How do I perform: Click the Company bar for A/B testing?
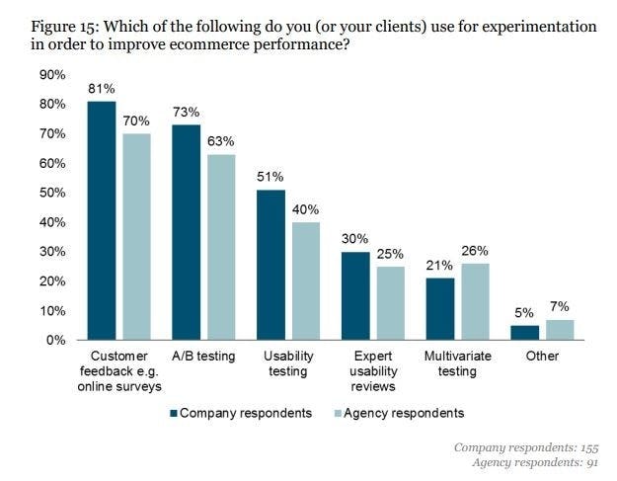[187, 232]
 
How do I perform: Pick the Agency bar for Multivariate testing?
[474, 301]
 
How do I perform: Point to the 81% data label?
[102, 89]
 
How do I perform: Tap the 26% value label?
[475, 251]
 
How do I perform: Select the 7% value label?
[560, 307]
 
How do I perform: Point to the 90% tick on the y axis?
[51, 75]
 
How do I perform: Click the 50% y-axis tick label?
[51, 193]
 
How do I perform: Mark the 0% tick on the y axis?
[55, 340]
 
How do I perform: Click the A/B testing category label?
[203, 356]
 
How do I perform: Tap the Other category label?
[543, 356]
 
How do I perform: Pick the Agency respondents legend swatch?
[336, 413]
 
